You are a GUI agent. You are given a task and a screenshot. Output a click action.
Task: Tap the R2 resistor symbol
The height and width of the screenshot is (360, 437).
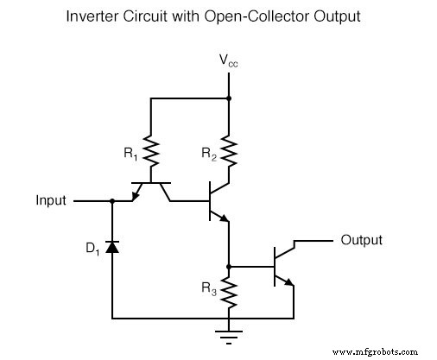tap(229, 151)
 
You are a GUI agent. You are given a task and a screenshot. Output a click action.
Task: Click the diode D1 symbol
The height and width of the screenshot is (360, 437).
tap(112, 248)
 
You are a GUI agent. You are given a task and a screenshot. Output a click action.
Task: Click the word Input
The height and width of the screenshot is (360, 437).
tap(50, 200)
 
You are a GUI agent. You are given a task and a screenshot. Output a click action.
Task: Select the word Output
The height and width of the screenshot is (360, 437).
tap(362, 240)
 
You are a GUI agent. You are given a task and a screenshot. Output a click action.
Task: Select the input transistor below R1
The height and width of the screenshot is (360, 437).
tap(151, 191)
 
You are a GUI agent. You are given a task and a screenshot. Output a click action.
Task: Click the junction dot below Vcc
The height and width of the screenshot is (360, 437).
tap(229, 98)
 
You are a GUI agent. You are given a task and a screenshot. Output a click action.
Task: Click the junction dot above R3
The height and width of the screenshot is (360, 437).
tap(229, 266)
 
